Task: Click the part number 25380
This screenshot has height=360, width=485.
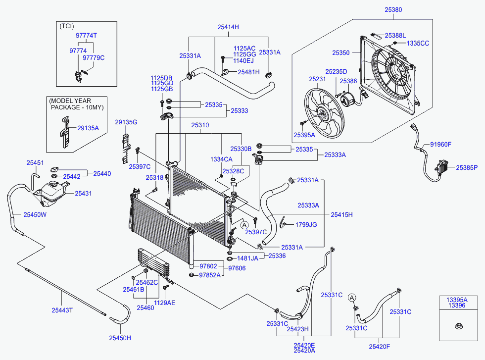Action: [x=393, y=9]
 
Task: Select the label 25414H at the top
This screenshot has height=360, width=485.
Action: [x=228, y=27]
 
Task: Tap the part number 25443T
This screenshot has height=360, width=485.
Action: [x=62, y=310]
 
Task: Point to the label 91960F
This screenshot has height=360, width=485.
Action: [x=440, y=145]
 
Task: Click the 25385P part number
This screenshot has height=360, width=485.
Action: [x=467, y=168]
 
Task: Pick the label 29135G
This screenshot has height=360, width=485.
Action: [x=126, y=122]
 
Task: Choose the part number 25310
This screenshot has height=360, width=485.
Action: [x=200, y=126]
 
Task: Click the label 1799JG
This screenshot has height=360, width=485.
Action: [x=306, y=225]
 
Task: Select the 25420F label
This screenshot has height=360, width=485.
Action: [x=380, y=347]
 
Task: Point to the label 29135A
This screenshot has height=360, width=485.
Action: [x=88, y=128]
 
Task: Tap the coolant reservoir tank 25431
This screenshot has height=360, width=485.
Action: [x=50, y=191]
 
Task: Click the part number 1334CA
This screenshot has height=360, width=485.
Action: [x=221, y=159]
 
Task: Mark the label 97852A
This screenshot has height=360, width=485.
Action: [x=210, y=275]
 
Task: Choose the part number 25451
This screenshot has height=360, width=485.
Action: [x=35, y=163]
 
